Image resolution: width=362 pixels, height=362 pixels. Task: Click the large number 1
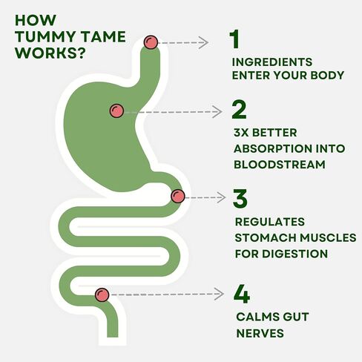point(234,39)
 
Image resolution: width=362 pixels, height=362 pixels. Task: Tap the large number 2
point(239,110)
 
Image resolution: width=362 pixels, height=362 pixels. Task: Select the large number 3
point(240,198)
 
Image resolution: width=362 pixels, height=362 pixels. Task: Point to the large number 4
point(242,294)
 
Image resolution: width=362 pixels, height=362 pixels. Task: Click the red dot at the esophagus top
point(151,42)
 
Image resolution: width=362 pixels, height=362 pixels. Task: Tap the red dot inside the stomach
point(116,111)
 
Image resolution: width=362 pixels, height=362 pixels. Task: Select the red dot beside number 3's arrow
point(178,197)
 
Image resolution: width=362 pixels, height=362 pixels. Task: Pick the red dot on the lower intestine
point(102,294)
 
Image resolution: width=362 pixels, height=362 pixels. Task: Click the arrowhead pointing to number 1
point(204,42)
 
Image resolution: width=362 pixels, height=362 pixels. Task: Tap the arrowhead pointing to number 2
point(217,112)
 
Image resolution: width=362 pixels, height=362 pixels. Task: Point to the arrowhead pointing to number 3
point(221,197)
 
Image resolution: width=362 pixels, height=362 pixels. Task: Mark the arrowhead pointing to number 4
point(219,294)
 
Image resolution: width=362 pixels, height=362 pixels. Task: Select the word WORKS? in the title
point(50,53)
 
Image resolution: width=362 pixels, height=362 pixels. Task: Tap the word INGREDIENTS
point(272,62)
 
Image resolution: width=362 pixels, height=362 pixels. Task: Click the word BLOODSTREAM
point(280,165)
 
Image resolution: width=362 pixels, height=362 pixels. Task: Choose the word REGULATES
point(270,222)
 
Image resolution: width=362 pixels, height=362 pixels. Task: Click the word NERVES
point(260,333)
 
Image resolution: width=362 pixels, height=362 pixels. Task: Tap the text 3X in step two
point(241,133)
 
